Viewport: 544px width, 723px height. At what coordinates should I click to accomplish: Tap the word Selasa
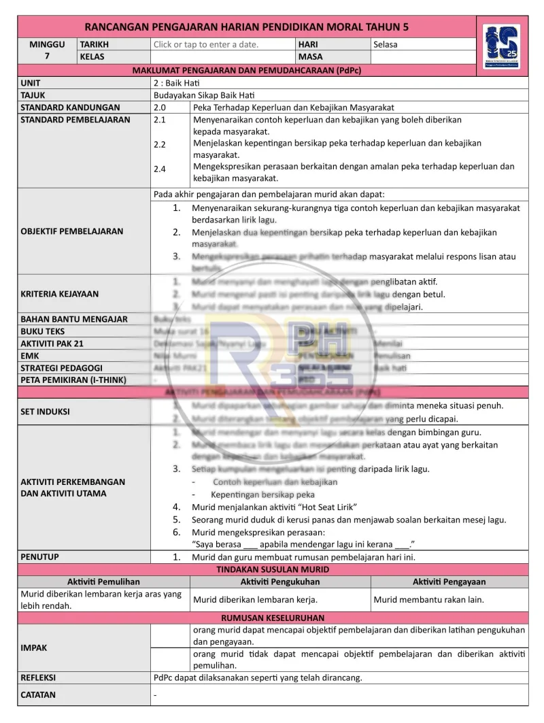(386, 44)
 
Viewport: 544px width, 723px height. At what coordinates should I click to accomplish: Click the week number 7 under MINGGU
(47, 56)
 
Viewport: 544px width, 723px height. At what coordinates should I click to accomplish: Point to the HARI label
(308, 44)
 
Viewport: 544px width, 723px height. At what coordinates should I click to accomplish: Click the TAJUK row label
(33, 95)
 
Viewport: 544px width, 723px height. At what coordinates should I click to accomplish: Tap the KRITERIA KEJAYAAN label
(59, 294)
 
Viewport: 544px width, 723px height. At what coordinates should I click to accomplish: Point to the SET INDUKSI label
(45, 411)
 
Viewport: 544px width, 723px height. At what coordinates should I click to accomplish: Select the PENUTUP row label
(39, 557)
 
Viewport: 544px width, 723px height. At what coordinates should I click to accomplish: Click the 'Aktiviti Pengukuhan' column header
(280, 582)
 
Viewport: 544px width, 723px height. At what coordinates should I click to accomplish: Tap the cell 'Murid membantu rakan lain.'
(429, 600)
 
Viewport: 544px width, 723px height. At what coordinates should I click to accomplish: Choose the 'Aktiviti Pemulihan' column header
(103, 582)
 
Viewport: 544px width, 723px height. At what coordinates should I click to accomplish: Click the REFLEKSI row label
(38, 677)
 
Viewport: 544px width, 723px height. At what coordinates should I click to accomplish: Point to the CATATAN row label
(38, 695)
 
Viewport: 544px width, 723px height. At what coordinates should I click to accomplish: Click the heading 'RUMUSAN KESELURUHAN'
(273, 618)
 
